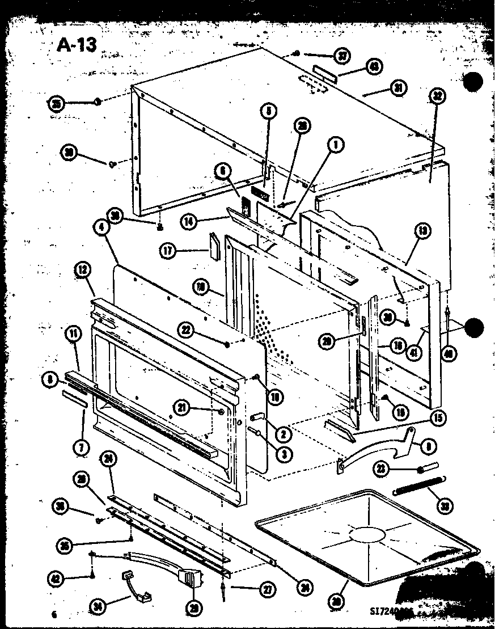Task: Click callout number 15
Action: point(438,418)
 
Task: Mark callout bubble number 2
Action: point(282,435)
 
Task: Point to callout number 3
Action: point(282,454)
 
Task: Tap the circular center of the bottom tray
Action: point(366,535)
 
